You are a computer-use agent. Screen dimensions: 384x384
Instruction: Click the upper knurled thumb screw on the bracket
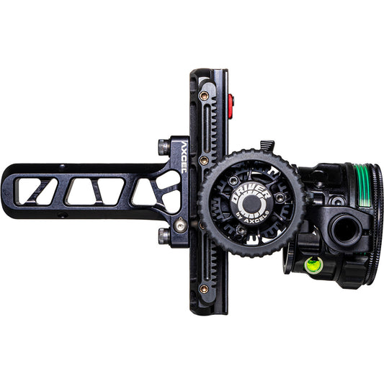pos(164,146)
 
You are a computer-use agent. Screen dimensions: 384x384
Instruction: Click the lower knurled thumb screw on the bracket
pos(164,236)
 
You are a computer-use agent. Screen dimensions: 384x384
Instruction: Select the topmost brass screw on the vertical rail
pos(204,94)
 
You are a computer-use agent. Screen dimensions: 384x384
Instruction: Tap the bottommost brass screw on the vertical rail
pos(204,289)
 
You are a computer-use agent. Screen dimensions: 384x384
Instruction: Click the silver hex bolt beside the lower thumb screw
pos(180,226)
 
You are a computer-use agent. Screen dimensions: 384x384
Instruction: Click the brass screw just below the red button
pos(204,160)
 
